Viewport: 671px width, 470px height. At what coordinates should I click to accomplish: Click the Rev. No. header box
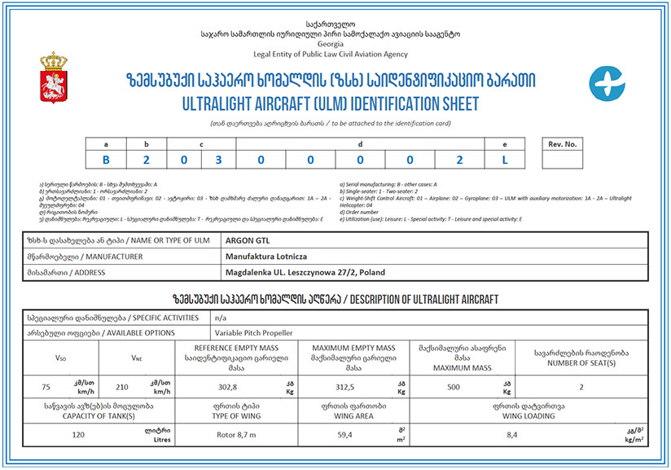pos(563,144)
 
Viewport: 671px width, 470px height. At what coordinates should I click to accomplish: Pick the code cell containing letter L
pos(505,160)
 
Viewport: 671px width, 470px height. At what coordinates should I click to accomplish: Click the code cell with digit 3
pos(218,160)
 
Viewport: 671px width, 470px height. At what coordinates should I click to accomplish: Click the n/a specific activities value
pos(221,318)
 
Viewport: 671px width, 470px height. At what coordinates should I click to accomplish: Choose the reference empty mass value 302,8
pos(228,388)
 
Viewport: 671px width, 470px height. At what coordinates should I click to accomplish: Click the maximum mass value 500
pos(456,388)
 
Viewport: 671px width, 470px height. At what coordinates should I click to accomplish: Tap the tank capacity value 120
pos(79,433)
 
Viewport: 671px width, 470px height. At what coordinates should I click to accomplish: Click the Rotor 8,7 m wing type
pos(238,433)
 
